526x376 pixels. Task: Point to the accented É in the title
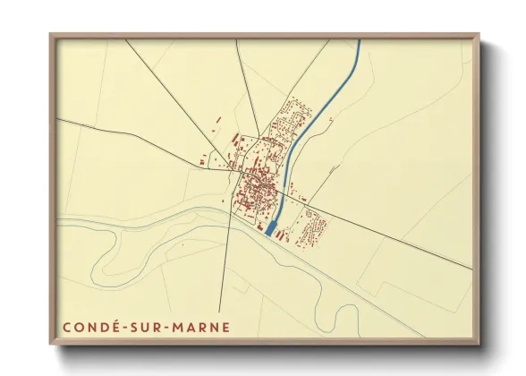[115, 328]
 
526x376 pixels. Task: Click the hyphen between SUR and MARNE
[166, 328]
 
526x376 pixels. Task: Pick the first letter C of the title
[67, 328]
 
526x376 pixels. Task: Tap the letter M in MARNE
[177, 328]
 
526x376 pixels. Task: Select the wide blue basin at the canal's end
[271, 228]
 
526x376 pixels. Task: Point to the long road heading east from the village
[394, 237]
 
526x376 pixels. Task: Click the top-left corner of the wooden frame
[51, 36]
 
